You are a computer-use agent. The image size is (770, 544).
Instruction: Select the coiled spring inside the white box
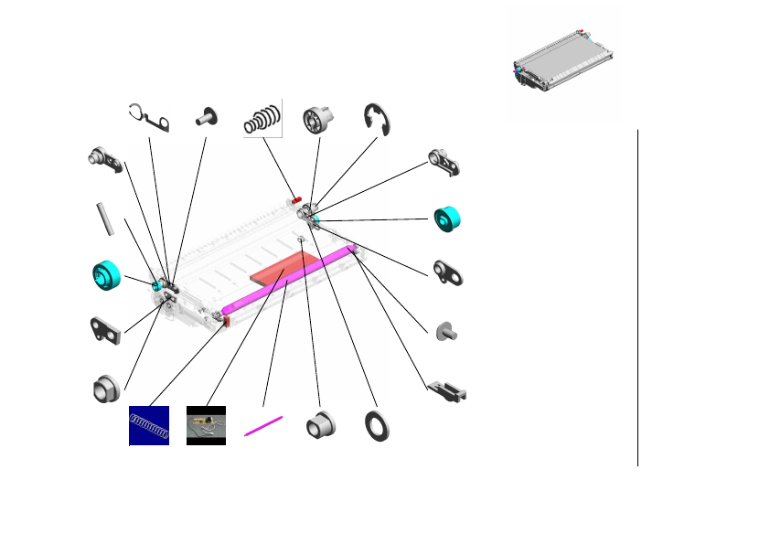[x=263, y=118]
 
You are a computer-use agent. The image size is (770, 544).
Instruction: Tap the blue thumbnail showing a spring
[x=149, y=425]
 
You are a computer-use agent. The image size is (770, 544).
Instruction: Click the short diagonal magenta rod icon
[x=264, y=426]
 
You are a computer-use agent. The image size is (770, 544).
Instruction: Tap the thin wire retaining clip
[x=151, y=118]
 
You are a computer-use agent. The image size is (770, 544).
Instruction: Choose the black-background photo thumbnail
[x=206, y=425]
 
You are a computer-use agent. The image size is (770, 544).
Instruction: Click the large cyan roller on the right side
[x=447, y=219]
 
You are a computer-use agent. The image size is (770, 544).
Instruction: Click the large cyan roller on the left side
[x=107, y=274]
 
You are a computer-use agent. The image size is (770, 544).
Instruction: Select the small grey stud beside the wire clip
[x=206, y=116]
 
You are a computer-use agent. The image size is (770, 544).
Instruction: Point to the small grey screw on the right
[x=447, y=331]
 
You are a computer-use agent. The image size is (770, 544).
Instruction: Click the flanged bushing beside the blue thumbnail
[x=106, y=389]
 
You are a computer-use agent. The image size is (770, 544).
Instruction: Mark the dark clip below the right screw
[x=448, y=390]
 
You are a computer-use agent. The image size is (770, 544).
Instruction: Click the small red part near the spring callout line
[x=296, y=199]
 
